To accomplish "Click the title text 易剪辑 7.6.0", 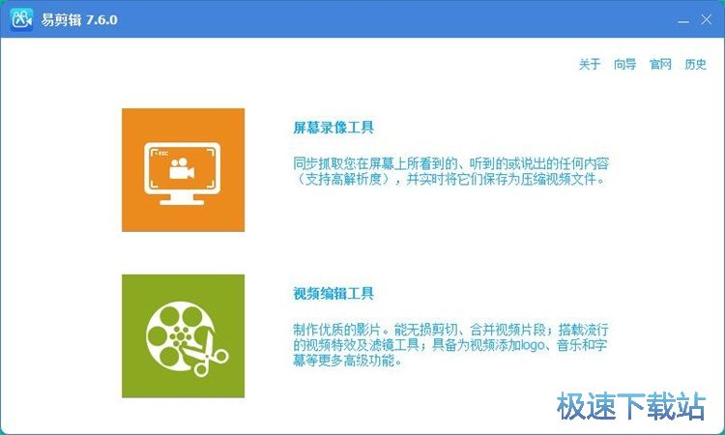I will coord(78,19).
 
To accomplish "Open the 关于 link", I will coord(590,65).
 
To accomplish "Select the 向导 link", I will coord(624,65).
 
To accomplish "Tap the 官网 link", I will coord(660,65).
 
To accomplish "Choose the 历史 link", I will coord(695,65).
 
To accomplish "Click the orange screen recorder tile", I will coord(183,170).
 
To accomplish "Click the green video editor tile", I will coord(183,335).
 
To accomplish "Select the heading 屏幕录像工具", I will coord(333,128).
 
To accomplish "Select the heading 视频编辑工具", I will coord(333,294).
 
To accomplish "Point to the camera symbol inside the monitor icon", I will coord(181,170).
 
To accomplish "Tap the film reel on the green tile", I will coord(173,333).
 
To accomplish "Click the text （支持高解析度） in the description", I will coord(343,179).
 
